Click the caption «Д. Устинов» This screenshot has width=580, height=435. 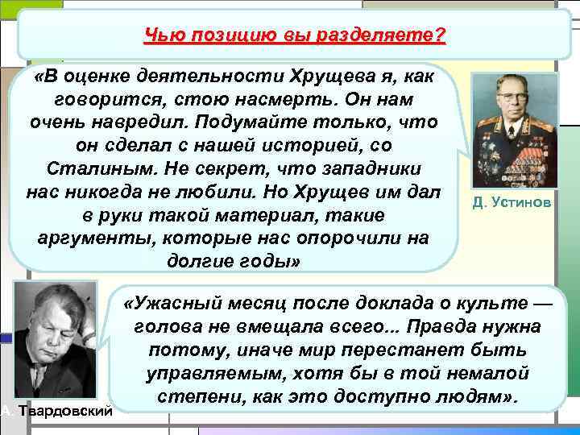[x=512, y=202]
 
